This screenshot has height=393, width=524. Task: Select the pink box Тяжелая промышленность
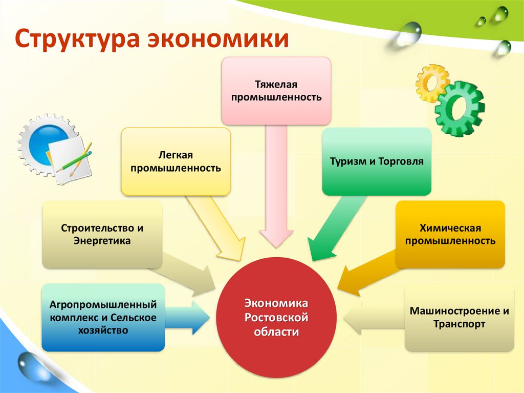(x=276, y=90)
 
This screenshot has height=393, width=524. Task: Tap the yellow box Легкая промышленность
(x=176, y=161)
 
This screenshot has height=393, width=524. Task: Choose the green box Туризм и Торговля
(x=377, y=161)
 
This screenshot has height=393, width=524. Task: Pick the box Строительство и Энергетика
(x=102, y=234)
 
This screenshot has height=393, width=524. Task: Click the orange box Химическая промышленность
(x=450, y=234)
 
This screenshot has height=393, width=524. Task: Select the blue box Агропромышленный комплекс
(x=103, y=317)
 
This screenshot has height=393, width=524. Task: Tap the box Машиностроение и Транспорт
(x=458, y=318)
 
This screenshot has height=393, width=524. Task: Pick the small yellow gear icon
(x=431, y=82)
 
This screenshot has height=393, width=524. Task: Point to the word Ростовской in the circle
(x=276, y=318)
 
